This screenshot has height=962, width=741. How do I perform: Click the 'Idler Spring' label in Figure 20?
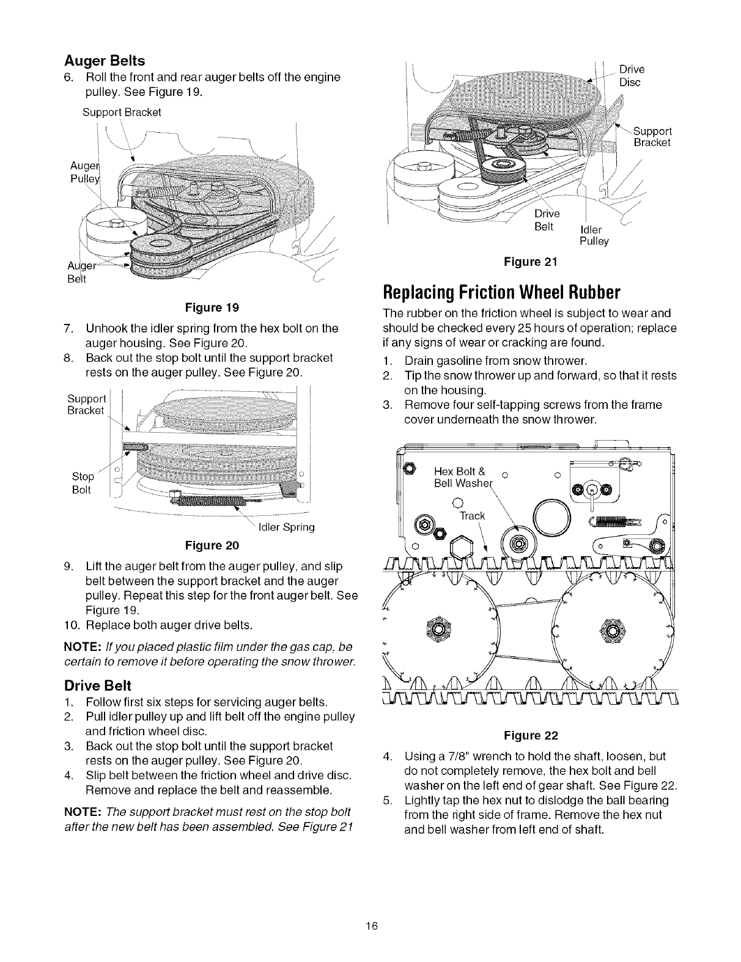pos(287,527)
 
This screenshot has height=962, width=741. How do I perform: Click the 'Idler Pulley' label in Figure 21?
pos(594,235)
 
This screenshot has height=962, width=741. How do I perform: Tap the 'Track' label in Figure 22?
pos(472,516)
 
